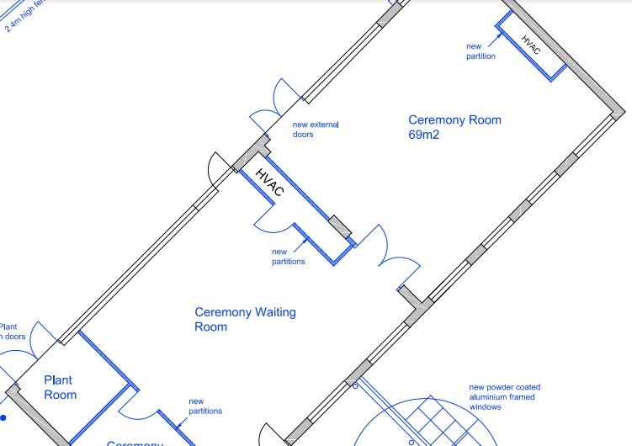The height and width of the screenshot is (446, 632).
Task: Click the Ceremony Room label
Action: point(454,120)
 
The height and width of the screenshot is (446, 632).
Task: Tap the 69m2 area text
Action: point(425,135)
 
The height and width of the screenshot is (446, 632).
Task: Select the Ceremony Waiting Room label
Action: point(245,319)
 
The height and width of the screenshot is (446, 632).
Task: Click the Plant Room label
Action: point(61,387)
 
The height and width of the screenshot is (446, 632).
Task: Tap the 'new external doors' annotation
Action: point(316,130)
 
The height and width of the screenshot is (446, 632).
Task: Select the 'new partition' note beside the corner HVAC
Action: point(481,51)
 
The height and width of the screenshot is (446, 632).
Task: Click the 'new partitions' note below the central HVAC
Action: point(288,256)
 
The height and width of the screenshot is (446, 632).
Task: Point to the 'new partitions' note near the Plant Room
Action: point(205,406)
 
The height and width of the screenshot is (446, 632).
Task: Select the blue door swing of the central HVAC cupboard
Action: point(272,220)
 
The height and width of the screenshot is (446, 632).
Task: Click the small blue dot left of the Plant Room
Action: point(3,417)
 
